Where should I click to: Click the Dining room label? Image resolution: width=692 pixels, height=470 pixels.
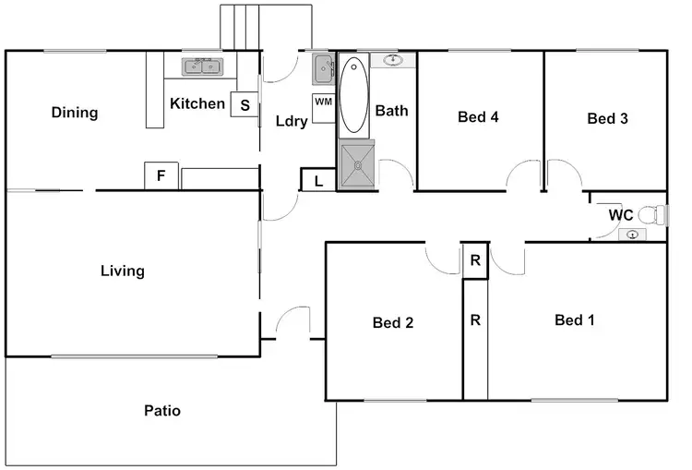click(75, 113)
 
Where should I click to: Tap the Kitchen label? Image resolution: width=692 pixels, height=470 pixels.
click(197, 103)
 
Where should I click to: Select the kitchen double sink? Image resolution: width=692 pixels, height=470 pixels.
click(203, 66)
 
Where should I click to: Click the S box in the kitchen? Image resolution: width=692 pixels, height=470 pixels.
click(245, 104)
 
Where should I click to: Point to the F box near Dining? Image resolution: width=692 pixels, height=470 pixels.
click(161, 175)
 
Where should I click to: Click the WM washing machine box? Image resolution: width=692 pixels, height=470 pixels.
click(323, 102)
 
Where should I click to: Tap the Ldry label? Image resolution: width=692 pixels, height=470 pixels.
click(292, 121)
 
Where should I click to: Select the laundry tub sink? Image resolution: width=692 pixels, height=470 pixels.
click(321, 67)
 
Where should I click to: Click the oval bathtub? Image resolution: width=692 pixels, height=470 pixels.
click(353, 96)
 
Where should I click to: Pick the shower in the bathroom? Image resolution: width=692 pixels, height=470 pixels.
click(356, 164)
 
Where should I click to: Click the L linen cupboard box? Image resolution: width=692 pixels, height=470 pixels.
click(318, 180)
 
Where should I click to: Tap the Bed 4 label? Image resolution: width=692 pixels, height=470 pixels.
click(478, 117)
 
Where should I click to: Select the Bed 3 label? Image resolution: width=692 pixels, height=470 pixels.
click(607, 118)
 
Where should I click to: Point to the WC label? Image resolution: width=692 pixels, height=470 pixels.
click(620, 215)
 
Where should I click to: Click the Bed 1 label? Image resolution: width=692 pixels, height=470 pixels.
click(574, 320)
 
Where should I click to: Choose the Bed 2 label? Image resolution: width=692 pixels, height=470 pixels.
click(392, 322)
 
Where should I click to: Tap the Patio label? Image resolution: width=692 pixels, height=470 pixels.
click(162, 410)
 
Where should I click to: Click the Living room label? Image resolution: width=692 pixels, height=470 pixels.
click(123, 271)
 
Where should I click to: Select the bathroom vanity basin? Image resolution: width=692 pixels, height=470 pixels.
click(393, 61)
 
